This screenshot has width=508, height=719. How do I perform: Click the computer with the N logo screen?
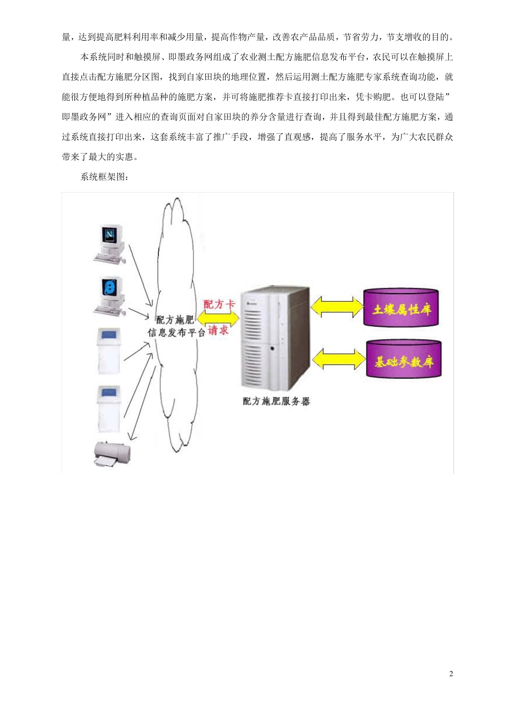[x=110, y=243]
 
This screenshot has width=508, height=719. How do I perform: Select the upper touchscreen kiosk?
[x=109, y=350]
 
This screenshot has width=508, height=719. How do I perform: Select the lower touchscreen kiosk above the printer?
[x=109, y=408]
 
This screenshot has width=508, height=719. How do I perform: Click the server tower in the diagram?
[x=275, y=338]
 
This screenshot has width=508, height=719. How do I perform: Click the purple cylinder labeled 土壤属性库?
[x=402, y=308]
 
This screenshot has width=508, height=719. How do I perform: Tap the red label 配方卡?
[x=219, y=304]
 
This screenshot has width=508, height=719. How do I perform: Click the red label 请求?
[x=218, y=330]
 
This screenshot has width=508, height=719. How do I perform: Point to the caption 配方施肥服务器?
[x=276, y=401]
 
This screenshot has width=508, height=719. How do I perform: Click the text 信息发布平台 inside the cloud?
[x=176, y=332]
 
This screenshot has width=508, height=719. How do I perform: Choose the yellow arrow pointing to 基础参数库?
[x=339, y=359]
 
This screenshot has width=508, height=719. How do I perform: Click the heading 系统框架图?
[x=104, y=177]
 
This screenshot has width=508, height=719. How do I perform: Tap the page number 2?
[x=451, y=674]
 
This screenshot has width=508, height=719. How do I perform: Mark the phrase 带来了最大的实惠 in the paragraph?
[x=100, y=157]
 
